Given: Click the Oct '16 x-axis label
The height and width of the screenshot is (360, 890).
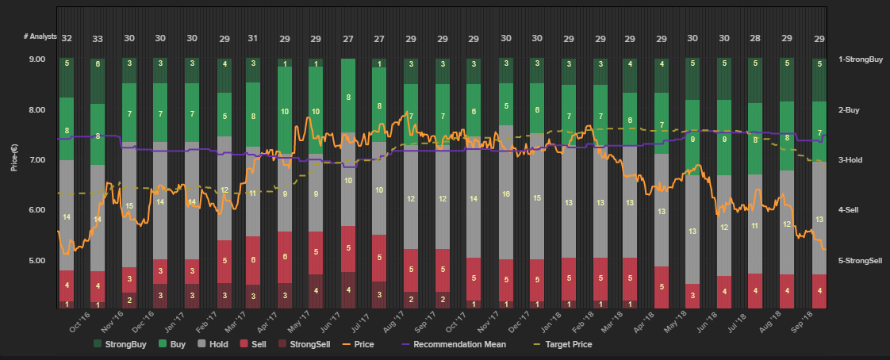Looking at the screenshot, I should click(x=79, y=324).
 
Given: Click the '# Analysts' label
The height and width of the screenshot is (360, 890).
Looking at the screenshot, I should click(x=40, y=38).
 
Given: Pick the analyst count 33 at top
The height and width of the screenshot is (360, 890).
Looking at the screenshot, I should click(x=98, y=38).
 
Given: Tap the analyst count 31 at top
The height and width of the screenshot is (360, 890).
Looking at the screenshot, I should click(x=253, y=38).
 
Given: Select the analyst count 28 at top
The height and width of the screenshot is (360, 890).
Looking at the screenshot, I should click(x=754, y=38).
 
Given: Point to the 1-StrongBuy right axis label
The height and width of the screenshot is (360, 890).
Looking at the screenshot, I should click(x=861, y=59).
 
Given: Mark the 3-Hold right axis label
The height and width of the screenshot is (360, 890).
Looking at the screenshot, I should click(x=853, y=160).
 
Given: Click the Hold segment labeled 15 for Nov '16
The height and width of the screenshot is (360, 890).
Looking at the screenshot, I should click(x=129, y=205).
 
